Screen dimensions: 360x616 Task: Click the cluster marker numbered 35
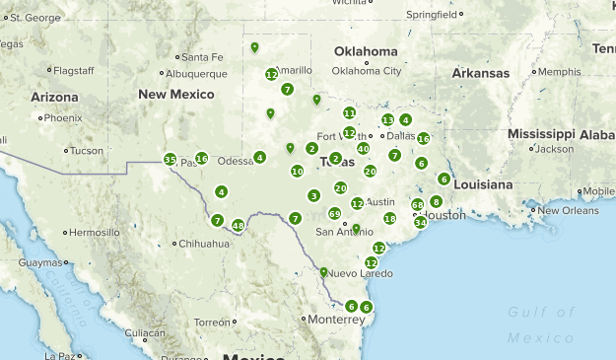point(171,160)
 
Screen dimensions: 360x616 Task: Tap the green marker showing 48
point(238,226)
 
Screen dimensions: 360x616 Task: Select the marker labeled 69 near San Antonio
point(334,213)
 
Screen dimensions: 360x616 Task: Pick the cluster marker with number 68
point(418,205)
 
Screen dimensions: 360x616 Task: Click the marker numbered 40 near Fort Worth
point(363,149)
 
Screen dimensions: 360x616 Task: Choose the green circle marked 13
point(387,119)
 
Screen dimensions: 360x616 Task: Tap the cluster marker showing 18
point(389,218)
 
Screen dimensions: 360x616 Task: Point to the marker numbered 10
point(297,171)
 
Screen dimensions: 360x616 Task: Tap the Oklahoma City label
point(367,71)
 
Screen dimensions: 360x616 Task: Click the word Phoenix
point(62,117)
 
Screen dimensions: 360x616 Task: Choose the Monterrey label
point(336,320)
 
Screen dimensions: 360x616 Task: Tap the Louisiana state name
point(483,184)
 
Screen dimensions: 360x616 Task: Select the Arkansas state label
point(481,73)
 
